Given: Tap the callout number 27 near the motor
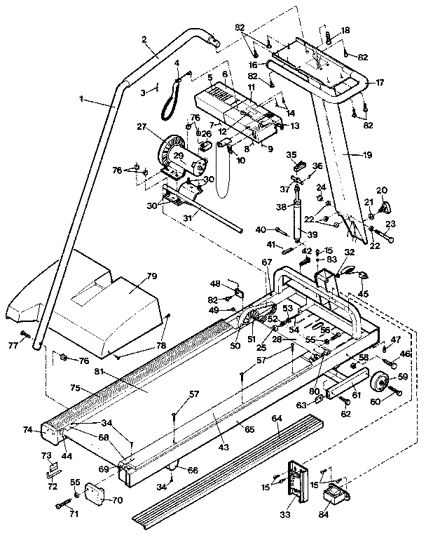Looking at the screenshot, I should point(142,127).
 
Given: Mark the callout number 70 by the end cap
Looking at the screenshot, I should point(116,500).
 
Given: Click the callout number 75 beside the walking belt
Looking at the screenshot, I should point(75,387).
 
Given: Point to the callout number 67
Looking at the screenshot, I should point(266,262).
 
